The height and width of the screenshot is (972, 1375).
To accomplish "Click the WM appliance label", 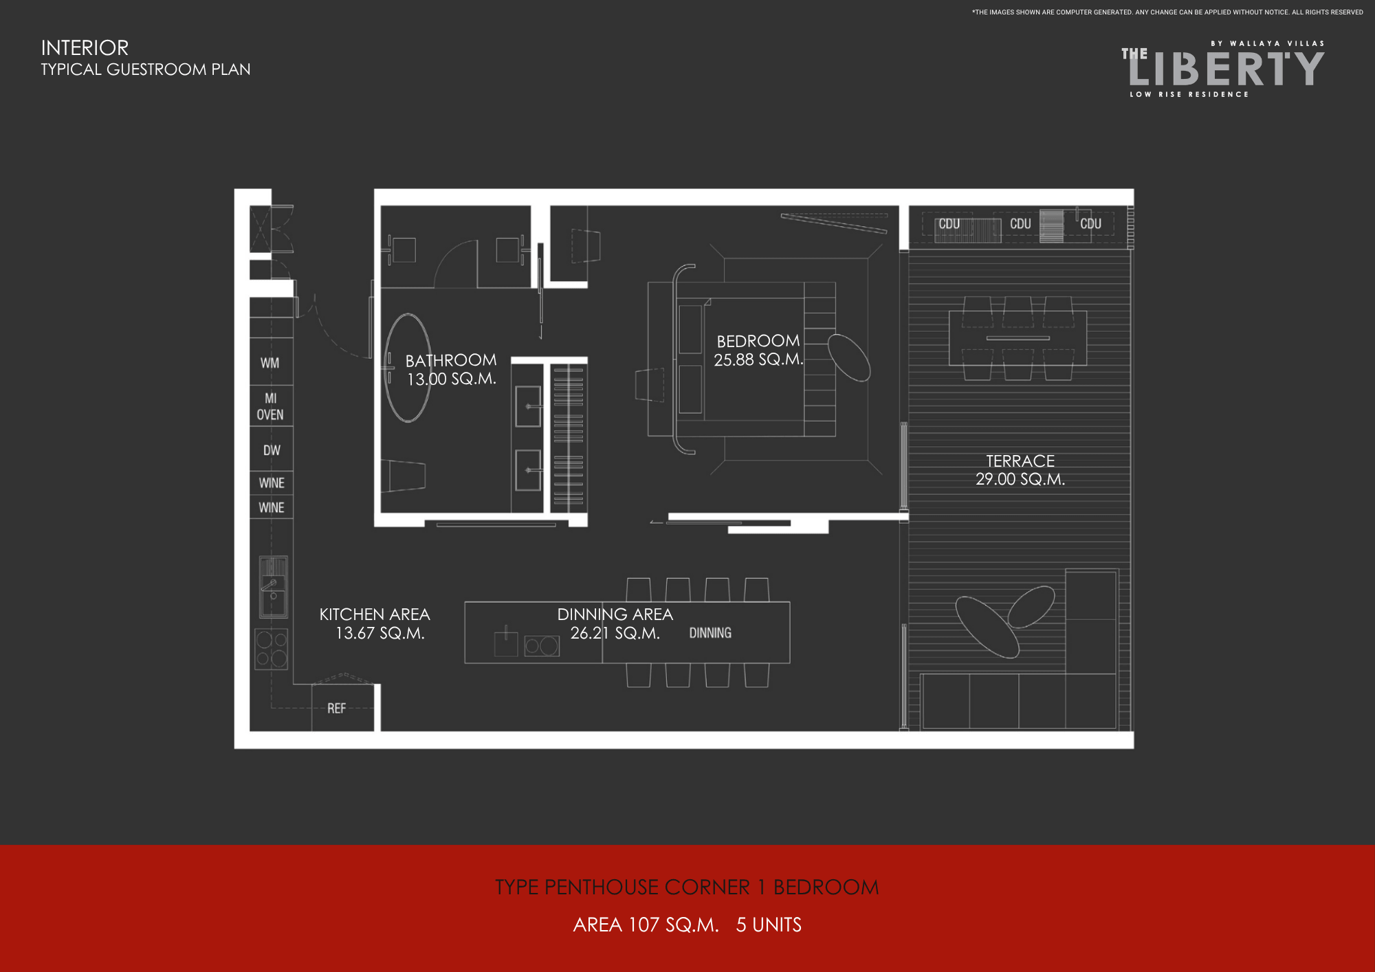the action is point(269,363).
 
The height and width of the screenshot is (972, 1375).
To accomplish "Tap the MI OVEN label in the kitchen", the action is point(270,406).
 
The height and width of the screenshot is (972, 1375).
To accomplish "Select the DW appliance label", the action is point(272,450).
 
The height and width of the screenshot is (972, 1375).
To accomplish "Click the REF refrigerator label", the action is point(336,708).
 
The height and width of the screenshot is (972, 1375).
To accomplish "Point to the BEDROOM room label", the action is point(758,341).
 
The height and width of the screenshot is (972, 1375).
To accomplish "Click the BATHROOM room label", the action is point(451,360).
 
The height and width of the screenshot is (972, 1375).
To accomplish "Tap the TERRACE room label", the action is point(1020,461).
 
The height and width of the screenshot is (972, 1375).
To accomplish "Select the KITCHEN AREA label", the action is point(375,615).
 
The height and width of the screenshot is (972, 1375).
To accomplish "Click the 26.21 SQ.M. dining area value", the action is point(615,633).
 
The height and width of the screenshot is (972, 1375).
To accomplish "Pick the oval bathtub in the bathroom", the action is point(408,368).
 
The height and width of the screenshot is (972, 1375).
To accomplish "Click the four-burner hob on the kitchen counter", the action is point(272,649).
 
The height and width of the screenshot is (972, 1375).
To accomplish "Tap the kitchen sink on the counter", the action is point(273,587).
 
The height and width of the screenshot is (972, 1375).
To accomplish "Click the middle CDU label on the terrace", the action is point(1020,223).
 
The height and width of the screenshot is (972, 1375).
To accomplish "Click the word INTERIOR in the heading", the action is point(85,48).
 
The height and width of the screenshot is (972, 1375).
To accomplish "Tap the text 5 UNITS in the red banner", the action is point(769,925).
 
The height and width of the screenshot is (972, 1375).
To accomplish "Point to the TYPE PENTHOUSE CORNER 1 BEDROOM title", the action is point(687,887).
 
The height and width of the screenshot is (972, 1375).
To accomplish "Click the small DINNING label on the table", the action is point(710,633).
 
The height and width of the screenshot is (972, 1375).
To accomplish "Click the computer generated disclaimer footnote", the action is point(1167,12).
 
